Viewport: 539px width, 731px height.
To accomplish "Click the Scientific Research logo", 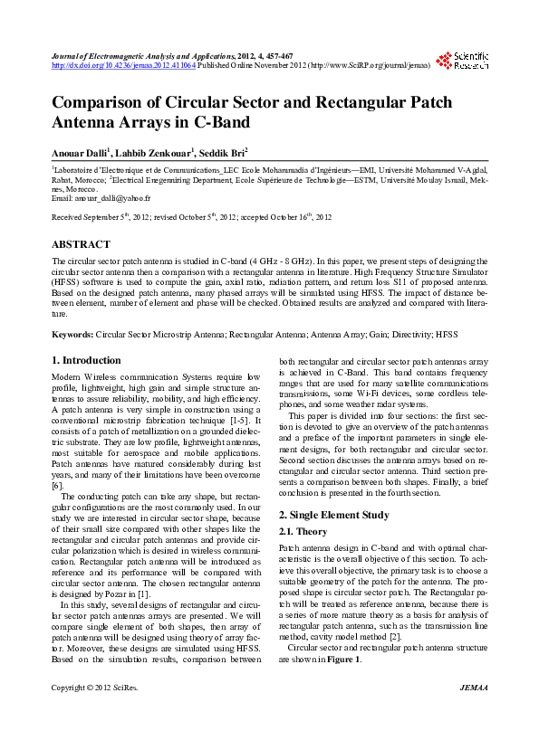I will pos(463,62).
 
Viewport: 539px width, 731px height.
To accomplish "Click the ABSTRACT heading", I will pos(81,244).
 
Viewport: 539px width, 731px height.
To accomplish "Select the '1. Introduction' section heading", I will pos(86,360).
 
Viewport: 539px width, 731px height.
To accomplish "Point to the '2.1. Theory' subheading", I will pos(303,532).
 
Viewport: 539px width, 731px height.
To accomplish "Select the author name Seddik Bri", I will pos(217,153).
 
